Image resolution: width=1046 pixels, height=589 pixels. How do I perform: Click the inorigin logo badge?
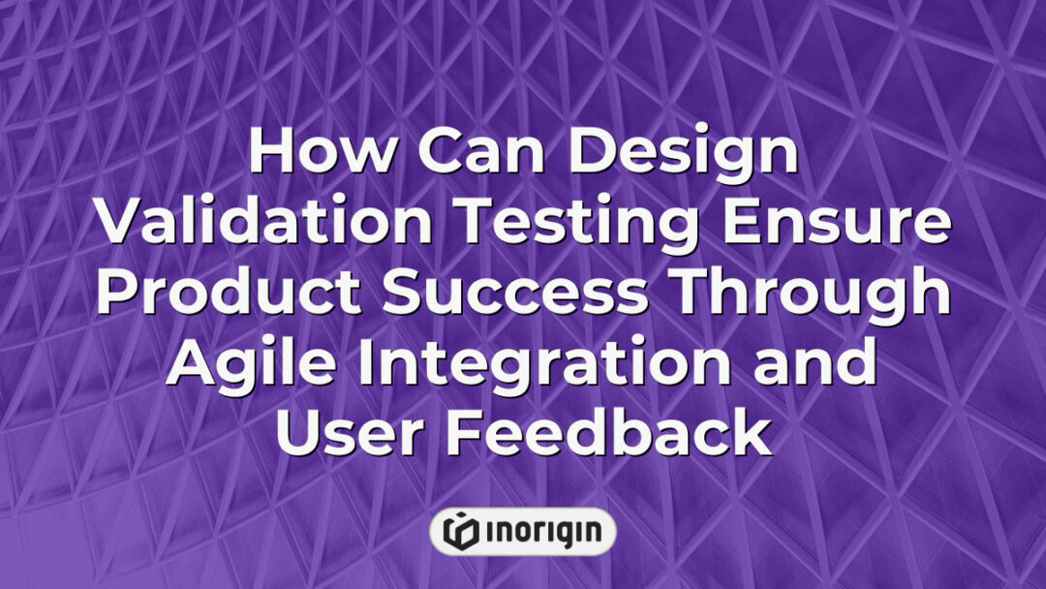click(522, 532)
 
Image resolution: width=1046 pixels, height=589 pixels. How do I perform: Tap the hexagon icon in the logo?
click(460, 532)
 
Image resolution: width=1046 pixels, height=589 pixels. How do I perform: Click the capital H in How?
click(273, 155)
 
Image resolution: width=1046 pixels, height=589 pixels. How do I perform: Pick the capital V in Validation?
click(122, 225)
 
